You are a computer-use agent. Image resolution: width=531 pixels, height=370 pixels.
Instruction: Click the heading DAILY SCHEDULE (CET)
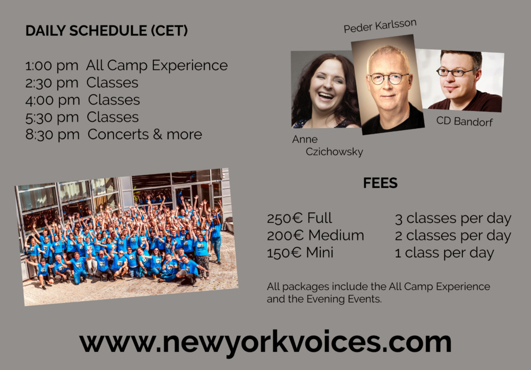pos(106,31)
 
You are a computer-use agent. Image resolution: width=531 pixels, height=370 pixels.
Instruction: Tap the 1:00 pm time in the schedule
pos(52,66)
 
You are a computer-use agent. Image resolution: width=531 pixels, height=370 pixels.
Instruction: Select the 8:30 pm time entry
pos(53,135)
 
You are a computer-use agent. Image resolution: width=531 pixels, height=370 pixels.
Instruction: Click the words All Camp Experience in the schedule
pos(157,65)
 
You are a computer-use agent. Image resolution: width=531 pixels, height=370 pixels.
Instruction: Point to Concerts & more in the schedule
pos(145,134)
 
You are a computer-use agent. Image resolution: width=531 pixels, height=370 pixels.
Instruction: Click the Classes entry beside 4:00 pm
pos(114,100)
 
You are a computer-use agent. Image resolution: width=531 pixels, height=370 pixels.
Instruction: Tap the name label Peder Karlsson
pos(380,25)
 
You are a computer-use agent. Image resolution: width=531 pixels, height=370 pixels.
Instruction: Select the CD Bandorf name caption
pos(464,121)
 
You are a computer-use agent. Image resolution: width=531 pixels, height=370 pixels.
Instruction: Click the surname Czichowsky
pos(334,152)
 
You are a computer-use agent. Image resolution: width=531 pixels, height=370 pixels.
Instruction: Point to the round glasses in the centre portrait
pos(389,79)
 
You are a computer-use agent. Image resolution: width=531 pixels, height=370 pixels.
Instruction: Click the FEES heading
pos(380,183)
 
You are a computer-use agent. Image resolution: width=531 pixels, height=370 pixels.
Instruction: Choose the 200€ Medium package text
pos(315,235)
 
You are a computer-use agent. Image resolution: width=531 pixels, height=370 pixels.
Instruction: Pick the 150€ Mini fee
pos(300,253)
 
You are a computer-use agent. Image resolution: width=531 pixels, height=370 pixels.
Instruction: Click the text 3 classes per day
pos(453,219)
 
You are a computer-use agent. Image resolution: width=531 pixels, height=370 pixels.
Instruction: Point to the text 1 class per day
pos(444,253)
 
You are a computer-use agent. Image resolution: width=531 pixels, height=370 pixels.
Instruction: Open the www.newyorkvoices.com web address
pos(265,342)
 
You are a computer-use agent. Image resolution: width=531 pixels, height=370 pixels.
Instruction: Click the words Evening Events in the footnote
pos(344,299)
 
